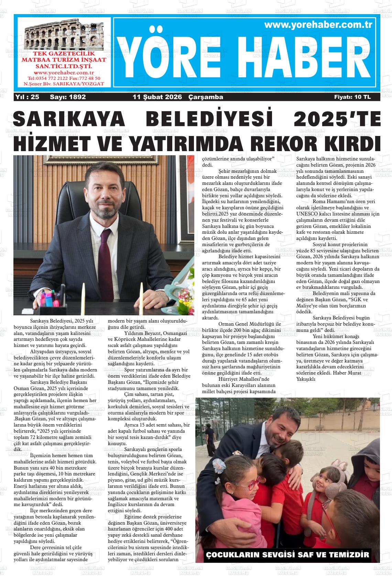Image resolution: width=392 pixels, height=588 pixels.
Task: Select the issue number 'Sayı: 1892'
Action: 68,97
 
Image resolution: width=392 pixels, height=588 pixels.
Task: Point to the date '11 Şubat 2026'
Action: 157,97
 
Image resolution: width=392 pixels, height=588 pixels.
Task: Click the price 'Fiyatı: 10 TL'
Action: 352,97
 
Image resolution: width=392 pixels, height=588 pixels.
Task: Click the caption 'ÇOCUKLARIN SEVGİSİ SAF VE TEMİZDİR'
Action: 287,555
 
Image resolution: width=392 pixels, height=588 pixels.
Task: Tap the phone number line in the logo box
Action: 64,78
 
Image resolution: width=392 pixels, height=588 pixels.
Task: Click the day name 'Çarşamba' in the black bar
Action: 206,97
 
